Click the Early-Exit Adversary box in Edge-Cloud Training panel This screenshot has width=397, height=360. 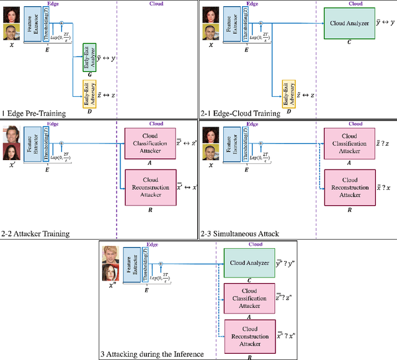[287, 94]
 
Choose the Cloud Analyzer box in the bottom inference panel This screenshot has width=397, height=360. [249, 262]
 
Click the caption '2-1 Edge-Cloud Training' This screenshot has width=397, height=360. [240, 113]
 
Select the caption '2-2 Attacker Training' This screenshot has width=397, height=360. [35, 233]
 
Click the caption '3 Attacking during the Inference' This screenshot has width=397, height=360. [152, 354]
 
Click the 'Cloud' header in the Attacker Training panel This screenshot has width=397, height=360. [156, 124]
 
